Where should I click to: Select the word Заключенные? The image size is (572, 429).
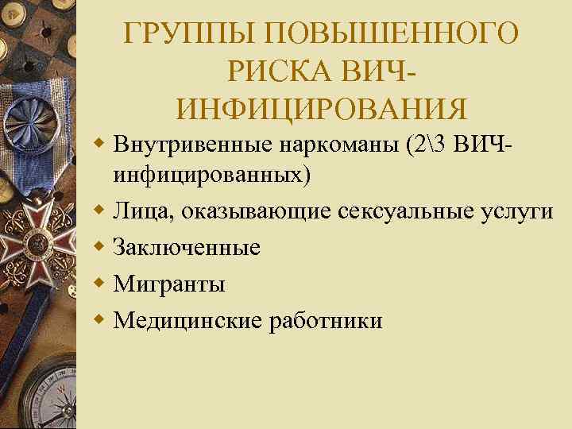tap(187, 247)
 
